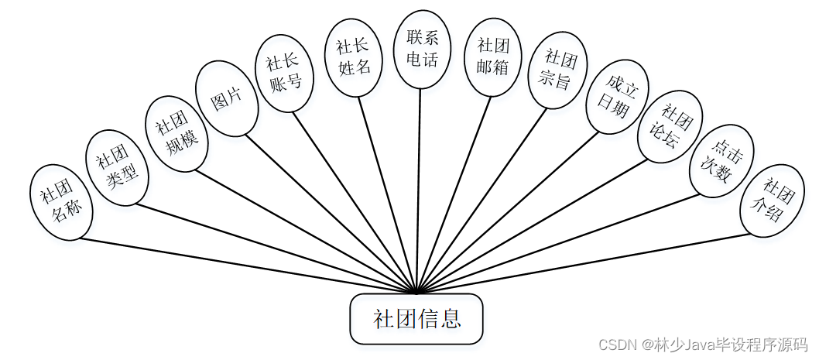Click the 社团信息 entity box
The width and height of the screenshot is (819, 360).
416,319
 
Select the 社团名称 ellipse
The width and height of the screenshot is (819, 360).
62,201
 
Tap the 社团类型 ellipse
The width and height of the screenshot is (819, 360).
116,167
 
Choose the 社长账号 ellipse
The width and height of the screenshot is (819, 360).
284,74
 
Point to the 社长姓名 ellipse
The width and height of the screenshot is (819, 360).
353,58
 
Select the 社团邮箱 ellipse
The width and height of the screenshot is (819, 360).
492,58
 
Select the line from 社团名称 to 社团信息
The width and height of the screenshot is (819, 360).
248,266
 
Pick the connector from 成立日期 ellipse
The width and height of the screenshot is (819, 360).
511,211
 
